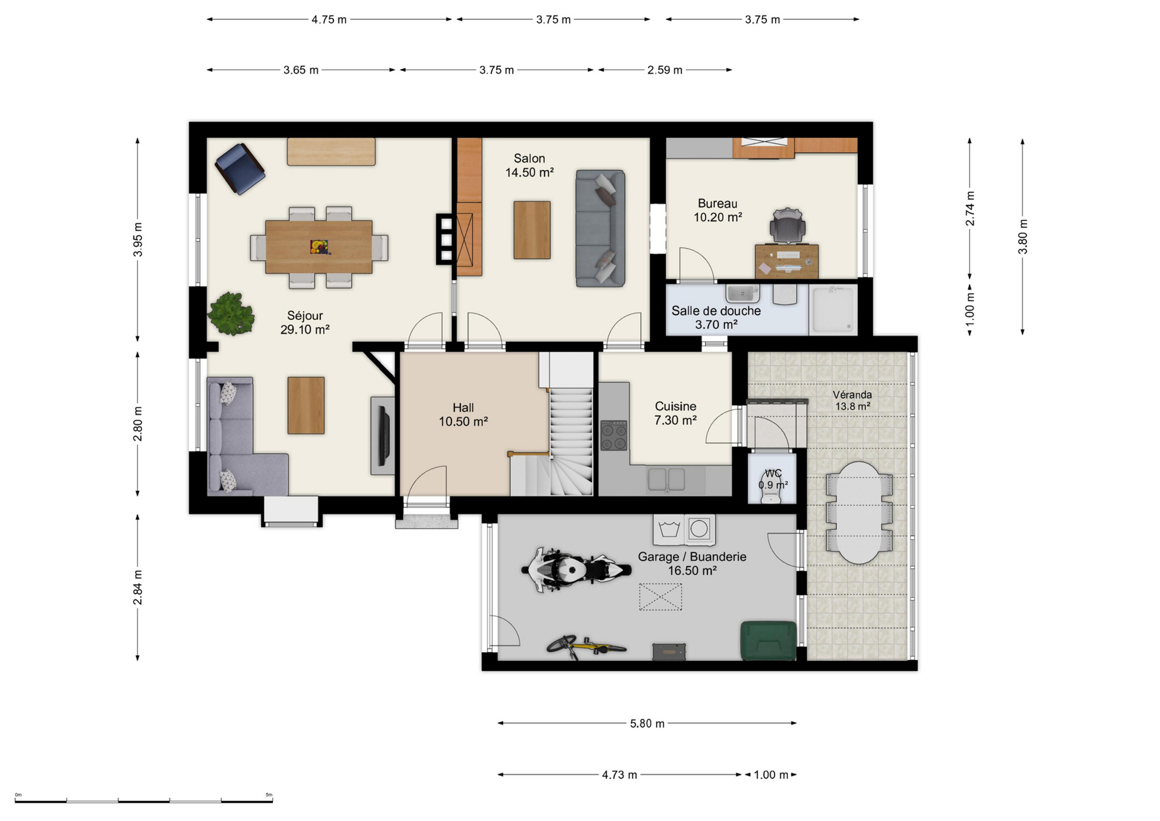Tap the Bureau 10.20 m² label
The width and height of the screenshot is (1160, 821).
tap(717, 210)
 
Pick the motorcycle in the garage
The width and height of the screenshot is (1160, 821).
tap(576, 570)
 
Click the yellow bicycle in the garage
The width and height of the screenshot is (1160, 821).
tap(586, 647)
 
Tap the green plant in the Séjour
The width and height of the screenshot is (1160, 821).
tap(230, 314)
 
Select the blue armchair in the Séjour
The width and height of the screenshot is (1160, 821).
tap(239, 168)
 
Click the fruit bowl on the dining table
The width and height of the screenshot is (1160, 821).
tap(319, 247)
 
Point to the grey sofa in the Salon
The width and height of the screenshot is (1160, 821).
tap(600, 228)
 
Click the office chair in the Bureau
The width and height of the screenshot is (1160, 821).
tap(787, 225)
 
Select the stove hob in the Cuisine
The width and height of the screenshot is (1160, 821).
tap(613, 436)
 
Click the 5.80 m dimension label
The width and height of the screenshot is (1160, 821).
tap(646, 724)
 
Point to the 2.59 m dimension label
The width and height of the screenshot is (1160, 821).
tap(664, 70)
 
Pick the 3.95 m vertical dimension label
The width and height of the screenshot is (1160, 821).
tap(138, 239)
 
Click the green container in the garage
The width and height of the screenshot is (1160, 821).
tap(768, 640)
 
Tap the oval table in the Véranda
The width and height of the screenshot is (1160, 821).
tap(858, 513)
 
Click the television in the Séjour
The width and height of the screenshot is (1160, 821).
tap(385, 436)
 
